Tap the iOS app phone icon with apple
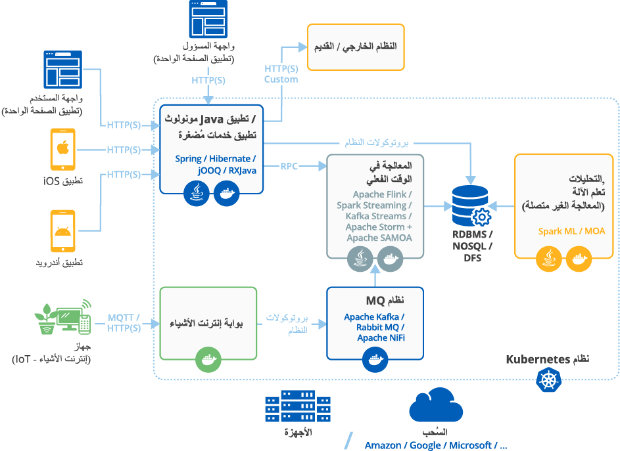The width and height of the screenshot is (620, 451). point(63,150)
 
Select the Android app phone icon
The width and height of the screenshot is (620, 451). point(63,231)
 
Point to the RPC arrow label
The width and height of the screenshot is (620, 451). point(289,166)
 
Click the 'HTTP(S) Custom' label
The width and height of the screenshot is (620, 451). point(281,74)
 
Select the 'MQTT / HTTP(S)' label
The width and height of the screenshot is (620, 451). point(124,323)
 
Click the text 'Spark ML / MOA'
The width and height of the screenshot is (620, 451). point(571,231)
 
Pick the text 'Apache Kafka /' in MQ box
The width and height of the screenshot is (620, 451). point(374,317)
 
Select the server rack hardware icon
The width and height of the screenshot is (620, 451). point(297,406)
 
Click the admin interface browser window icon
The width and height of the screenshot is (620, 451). point(207,19)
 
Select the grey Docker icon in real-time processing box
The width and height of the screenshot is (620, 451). point(389,259)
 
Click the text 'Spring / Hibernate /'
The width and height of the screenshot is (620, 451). point(215,159)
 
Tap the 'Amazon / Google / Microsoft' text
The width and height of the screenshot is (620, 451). point(435,445)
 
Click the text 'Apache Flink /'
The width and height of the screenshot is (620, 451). point(382,194)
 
